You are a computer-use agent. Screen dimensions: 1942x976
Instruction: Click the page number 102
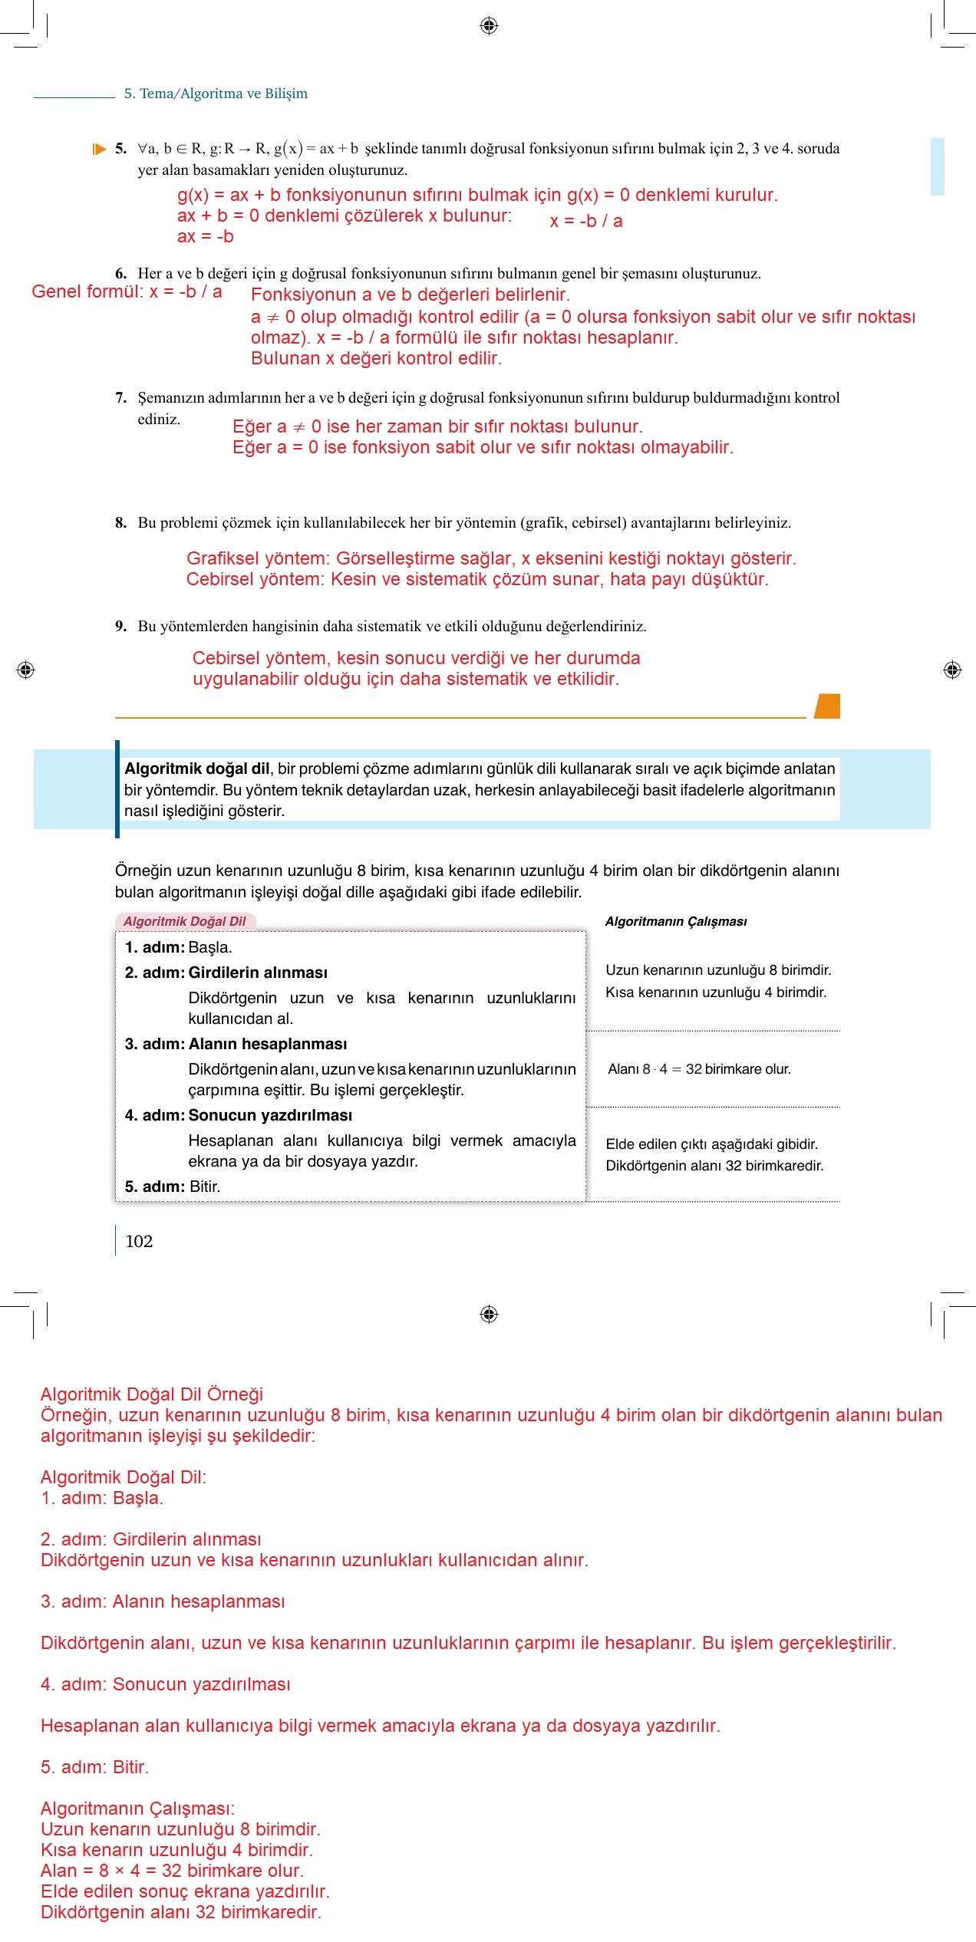pyautogui.click(x=139, y=1242)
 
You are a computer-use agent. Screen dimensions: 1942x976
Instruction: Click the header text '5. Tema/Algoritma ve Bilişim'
pyautogui.click(x=216, y=94)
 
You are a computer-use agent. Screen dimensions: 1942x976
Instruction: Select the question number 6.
pyautogui.click(x=120, y=274)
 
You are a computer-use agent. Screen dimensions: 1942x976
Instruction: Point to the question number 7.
pyautogui.click(x=120, y=398)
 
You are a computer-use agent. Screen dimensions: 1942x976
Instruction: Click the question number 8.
pyautogui.click(x=120, y=523)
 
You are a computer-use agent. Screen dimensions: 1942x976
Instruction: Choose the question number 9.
pyautogui.click(x=120, y=627)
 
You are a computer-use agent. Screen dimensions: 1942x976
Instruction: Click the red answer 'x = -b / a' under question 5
pyautogui.click(x=586, y=222)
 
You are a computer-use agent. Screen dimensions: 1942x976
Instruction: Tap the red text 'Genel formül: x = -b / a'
pyautogui.click(x=127, y=292)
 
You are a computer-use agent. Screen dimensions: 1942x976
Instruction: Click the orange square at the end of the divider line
pyautogui.click(x=827, y=706)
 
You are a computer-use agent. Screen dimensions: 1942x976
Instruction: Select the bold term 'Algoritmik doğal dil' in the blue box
pyautogui.click(x=196, y=769)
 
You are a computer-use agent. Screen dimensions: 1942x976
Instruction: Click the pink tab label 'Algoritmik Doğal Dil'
pyautogui.click(x=184, y=921)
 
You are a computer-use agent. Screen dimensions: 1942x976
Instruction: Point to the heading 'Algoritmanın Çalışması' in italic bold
pyautogui.click(x=675, y=921)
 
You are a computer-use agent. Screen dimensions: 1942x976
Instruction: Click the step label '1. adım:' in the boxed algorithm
pyautogui.click(x=154, y=947)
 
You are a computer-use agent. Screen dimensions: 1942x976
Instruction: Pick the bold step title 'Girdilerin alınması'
pyautogui.click(x=258, y=973)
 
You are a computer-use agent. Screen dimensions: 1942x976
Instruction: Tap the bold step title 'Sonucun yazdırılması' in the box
pyautogui.click(x=270, y=1115)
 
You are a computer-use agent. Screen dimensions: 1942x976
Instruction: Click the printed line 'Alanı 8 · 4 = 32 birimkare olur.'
pyautogui.click(x=699, y=1069)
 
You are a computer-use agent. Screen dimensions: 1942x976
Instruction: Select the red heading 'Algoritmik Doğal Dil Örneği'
pyautogui.click(x=152, y=1394)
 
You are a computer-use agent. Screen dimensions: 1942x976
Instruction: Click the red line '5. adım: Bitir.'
pyautogui.click(x=94, y=1767)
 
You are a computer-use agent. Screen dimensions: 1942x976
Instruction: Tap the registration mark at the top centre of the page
pyautogui.click(x=489, y=26)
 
